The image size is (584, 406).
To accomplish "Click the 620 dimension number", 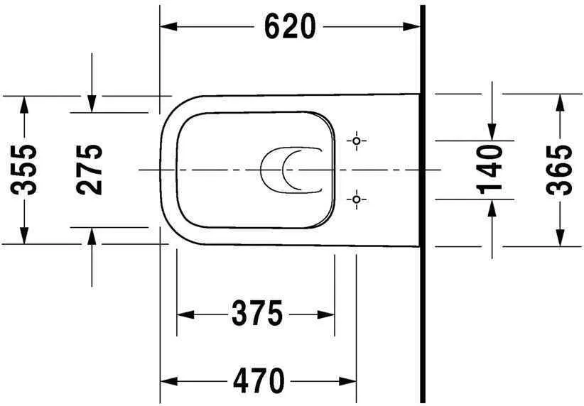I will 289,27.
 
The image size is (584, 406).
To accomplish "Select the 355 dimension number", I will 26,170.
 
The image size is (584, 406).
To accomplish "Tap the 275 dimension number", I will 90,170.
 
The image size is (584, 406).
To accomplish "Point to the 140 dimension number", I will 490,169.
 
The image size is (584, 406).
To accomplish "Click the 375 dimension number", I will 256,313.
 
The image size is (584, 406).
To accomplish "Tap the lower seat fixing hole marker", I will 357,199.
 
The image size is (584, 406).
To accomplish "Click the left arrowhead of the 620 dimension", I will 168,27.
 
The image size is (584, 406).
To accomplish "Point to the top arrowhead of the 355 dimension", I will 25,104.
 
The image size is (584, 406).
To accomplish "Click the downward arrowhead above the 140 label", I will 491,131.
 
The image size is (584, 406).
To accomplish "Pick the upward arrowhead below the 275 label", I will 91,236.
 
